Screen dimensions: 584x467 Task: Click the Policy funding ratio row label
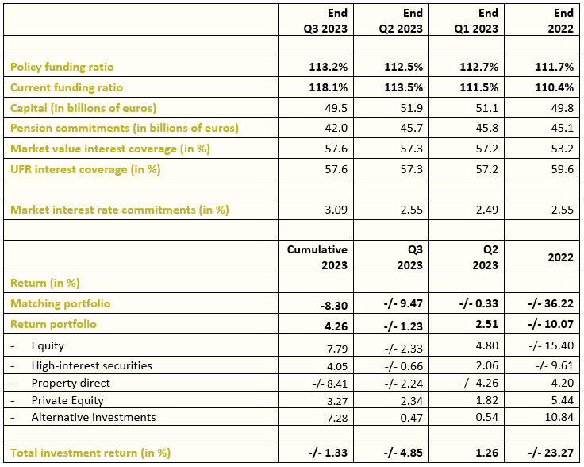click(62, 67)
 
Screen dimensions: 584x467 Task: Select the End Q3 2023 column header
click(325, 21)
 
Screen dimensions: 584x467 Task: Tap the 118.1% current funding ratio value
click(328, 87)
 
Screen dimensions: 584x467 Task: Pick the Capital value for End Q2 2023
click(412, 108)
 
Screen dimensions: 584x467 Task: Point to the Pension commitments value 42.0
click(336, 128)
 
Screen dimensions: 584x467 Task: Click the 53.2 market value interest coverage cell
click(562, 149)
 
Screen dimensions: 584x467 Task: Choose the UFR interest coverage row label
click(85, 170)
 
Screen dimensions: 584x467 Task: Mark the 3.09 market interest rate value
click(336, 210)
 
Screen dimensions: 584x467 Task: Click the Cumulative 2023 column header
click(317, 257)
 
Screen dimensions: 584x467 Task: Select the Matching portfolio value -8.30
click(334, 306)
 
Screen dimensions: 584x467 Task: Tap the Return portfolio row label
click(53, 324)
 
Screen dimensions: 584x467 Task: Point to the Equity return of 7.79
click(337, 349)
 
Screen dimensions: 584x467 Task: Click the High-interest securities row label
click(91, 365)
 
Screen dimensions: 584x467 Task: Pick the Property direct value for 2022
click(562, 383)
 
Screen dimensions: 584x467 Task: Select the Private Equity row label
click(67, 400)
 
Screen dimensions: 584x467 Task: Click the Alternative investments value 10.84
click(559, 417)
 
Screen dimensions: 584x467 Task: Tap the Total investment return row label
click(90, 453)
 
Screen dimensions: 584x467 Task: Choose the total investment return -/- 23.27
click(551, 453)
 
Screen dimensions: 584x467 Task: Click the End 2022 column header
click(560, 21)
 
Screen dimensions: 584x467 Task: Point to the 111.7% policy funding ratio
click(554, 67)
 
